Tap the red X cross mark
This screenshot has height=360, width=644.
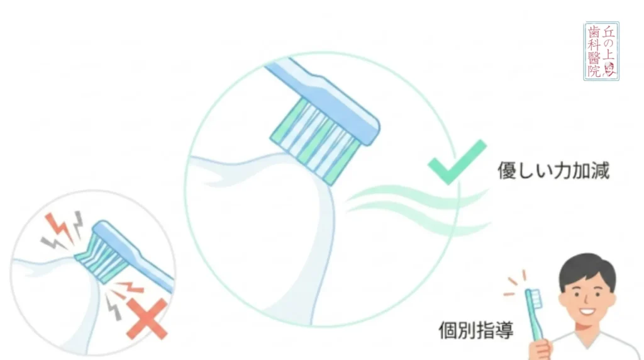147,319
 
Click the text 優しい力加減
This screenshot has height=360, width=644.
553,171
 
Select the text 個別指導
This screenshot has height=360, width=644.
476,330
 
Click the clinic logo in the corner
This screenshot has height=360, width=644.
601,51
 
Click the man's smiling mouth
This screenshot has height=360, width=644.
587,311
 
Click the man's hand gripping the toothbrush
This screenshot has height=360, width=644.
539,350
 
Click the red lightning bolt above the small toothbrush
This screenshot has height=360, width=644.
58,227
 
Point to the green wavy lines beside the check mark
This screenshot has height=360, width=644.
418,210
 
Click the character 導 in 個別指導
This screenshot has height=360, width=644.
504,330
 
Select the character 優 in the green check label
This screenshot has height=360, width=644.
508,171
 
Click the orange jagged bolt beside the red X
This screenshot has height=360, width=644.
131,287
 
